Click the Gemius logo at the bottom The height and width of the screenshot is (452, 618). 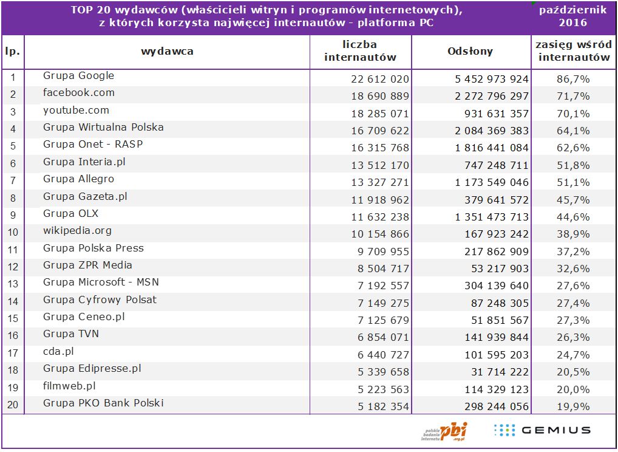(542, 430)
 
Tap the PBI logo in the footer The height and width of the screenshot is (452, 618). (446, 431)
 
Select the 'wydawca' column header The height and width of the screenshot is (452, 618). (167, 52)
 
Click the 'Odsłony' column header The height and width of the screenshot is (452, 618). (470, 52)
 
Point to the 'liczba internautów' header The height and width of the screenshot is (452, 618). (360, 51)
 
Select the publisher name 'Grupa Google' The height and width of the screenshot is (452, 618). (78, 76)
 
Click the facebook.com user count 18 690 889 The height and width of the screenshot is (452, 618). (380, 96)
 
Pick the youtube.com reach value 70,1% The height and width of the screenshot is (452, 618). (573, 114)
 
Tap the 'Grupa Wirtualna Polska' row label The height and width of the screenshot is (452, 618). (103, 128)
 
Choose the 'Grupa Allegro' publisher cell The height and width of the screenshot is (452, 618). (78, 179)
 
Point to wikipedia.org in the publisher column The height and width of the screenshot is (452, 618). (77, 231)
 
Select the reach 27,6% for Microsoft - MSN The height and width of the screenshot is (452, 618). (573, 286)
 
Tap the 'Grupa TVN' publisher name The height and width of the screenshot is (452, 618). (70, 334)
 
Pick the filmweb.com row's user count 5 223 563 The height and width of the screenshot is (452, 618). (380, 389)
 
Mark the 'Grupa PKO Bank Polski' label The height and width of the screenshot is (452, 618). (103, 403)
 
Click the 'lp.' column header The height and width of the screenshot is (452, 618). (12, 52)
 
